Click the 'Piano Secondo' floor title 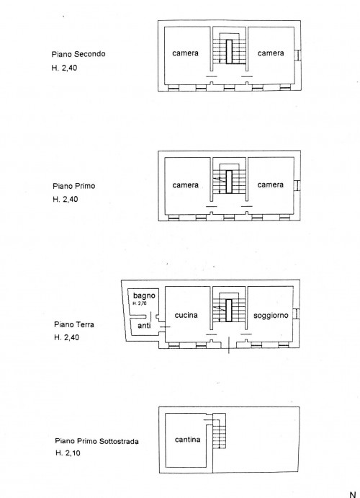point(78,54)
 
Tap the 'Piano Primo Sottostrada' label point(96,441)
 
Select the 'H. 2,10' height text point(68,453)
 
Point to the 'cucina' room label point(186,315)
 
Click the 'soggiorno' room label point(271,316)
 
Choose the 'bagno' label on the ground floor point(144,296)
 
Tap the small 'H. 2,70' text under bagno point(140,303)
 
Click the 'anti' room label point(144,326)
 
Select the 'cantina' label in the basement point(187,440)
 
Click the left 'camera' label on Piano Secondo point(185,53)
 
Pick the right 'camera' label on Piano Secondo point(271,53)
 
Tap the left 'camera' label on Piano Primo point(186,184)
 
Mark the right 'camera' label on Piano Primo point(271,184)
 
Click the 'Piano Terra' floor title point(74,324)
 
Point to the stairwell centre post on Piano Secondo point(230,52)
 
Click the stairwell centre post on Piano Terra point(229,310)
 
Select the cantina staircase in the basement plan point(219,431)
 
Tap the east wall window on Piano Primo point(297,185)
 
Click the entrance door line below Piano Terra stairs point(229,345)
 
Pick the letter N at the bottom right point(353,494)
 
